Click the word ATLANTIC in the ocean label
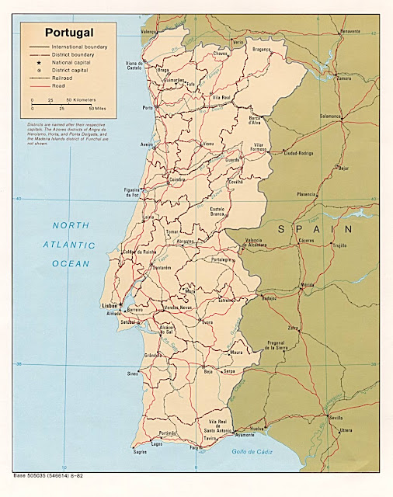tap(68, 245)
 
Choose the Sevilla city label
tap(336, 417)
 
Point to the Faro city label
tap(194, 447)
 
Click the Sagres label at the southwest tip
tap(140, 451)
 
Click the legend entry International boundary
tap(79, 47)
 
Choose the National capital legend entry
tap(71, 62)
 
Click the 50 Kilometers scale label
tap(81, 100)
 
